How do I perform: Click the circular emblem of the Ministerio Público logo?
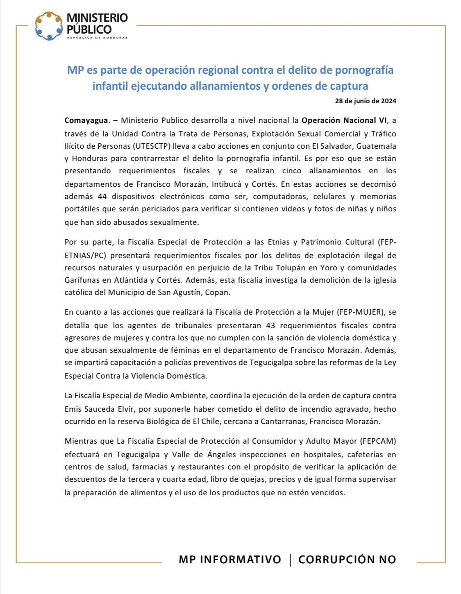pos(49,26)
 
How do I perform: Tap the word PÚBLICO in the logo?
pos(89,29)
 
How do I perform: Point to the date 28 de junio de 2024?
pos(366,101)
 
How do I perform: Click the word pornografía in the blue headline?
pos(364,70)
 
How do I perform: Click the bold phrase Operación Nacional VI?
pos(344,120)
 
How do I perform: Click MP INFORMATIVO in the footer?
pos(229,560)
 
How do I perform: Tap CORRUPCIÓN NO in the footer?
pos(347,560)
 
